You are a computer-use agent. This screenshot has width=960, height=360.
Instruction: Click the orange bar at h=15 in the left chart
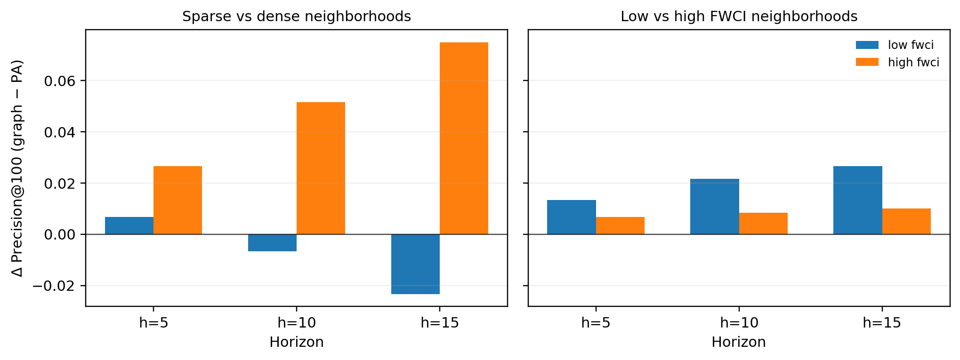coord(464,138)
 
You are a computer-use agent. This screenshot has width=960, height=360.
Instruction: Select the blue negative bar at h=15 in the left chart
coord(415,264)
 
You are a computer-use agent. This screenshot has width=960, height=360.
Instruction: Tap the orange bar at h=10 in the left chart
coord(321,168)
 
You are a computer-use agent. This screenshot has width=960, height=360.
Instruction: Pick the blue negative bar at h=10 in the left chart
coord(272,243)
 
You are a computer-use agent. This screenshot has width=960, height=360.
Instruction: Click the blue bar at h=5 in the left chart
coord(129,226)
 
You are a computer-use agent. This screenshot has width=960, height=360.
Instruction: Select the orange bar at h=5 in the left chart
coord(177,200)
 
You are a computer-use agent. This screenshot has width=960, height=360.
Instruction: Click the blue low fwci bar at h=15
coord(857,200)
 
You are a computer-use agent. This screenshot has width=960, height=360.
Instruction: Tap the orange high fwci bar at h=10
coord(763,224)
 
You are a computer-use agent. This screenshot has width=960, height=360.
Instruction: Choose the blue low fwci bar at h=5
coord(571,217)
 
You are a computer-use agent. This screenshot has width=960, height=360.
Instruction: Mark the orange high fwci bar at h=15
coord(906,221)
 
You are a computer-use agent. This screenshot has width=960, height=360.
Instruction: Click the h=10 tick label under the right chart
coord(739,323)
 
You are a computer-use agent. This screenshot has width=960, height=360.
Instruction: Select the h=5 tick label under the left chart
coord(153,323)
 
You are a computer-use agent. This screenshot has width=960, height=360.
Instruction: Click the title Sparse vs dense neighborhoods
coord(296,16)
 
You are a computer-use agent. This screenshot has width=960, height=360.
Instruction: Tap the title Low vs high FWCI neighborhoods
coord(739,16)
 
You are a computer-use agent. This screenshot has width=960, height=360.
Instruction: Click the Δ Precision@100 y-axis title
coord(17,168)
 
